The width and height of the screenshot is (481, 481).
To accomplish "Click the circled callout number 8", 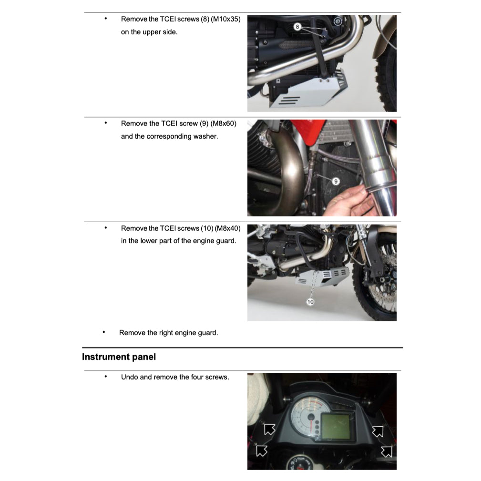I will (x=297, y=27).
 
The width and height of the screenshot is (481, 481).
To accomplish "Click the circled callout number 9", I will (x=335, y=181).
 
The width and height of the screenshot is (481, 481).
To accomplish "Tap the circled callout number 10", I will (x=310, y=302).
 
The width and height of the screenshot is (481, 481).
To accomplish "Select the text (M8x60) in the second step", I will (x=222, y=123).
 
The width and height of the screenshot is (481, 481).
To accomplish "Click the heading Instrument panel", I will (x=119, y=357).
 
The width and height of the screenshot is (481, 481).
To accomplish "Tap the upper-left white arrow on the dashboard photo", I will (x=269, y=429).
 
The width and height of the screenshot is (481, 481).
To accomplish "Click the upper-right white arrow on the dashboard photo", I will (x=378, y=431).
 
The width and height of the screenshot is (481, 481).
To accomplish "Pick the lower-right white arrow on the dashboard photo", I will (x=386, y=451).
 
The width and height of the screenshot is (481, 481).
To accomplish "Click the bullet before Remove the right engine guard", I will (x=104, y=332).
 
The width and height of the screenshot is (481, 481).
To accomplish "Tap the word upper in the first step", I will (x=152, y=32).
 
